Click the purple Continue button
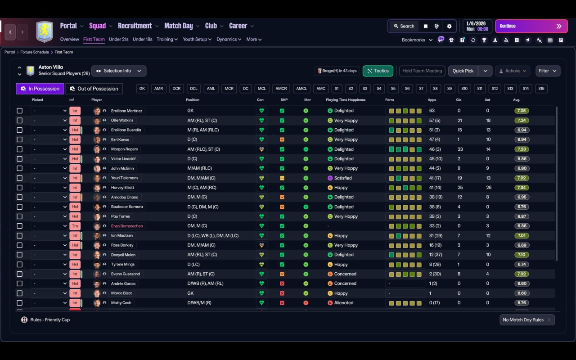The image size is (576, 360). tap(531, 26)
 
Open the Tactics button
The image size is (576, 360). tap(378, 71)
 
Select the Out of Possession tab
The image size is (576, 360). tap(94, 89)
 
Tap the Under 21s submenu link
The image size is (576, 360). tap(118, 39)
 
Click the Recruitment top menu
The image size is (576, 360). tap(135, 26)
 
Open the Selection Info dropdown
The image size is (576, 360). tap(119, 71)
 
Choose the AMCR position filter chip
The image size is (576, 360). tap(281, 89)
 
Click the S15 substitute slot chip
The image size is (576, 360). tap(541, 89)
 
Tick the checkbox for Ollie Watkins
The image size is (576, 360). tap(19, 120)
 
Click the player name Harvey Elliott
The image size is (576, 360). tap(122, 188)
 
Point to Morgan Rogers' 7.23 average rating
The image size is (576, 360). tap(522, 149)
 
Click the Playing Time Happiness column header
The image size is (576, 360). tap(346, 100)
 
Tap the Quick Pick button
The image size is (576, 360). tap(463, 71)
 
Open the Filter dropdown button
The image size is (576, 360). tap(548, 71)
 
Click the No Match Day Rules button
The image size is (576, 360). tap(527, 320)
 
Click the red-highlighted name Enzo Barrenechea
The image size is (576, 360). tap(127, 226)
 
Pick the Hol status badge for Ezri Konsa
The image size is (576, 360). tap(75, 139)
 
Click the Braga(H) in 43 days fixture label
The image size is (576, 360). tap(337, 71)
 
